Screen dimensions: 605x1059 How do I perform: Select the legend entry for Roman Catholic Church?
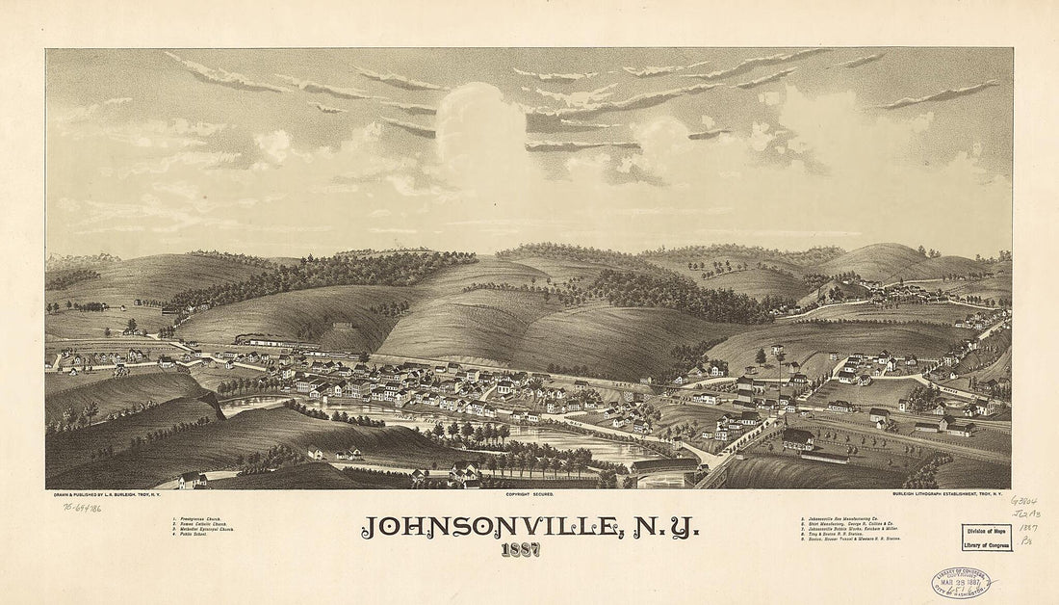pos(198,526)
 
